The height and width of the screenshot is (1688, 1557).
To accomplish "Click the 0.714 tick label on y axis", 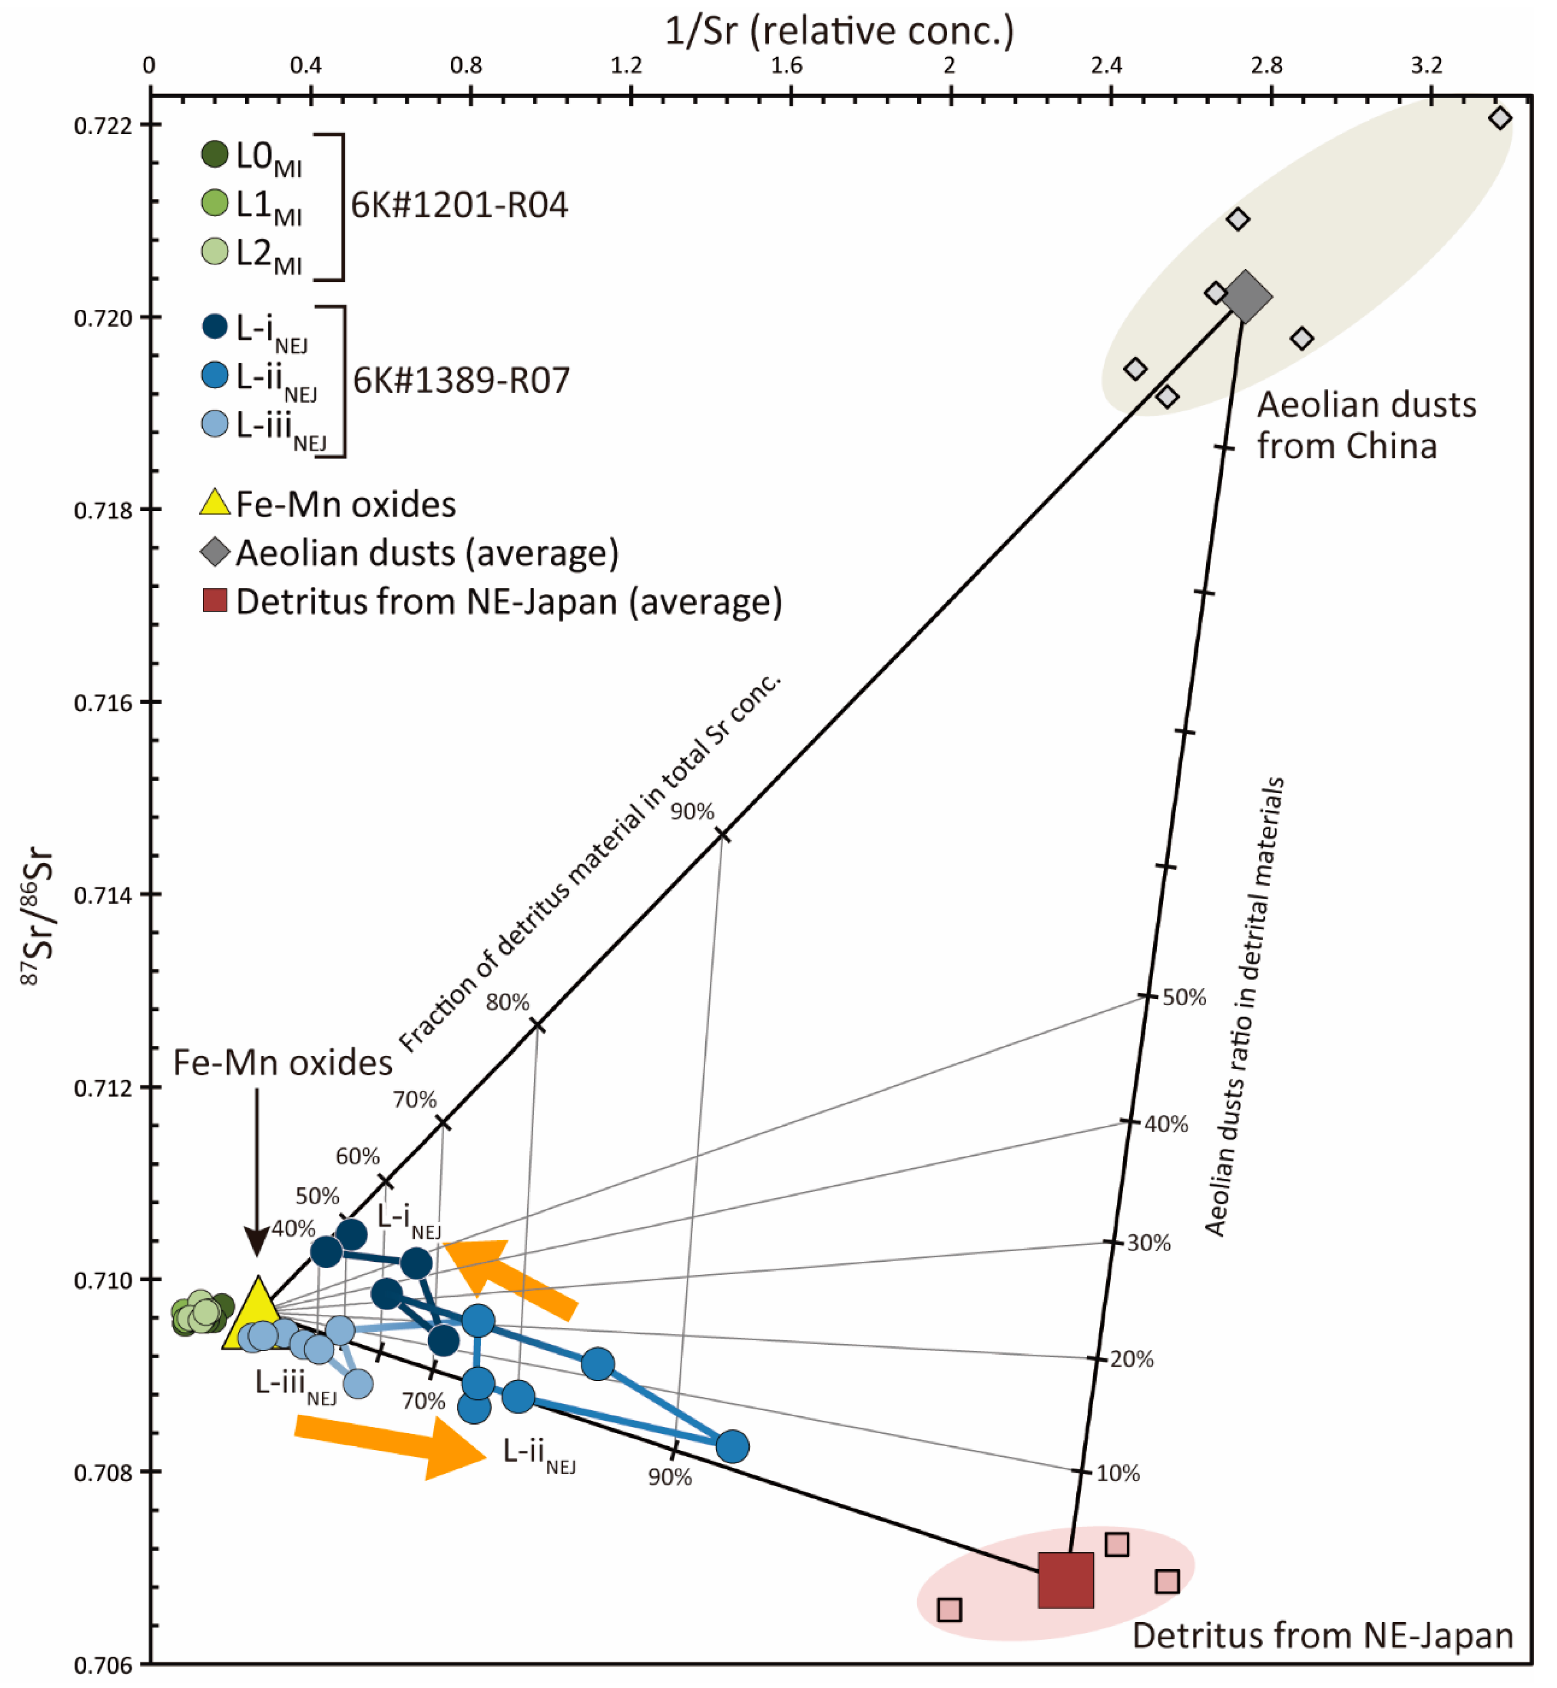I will tap(104, 895).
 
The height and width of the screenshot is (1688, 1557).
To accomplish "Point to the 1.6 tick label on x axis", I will tap(787, 66).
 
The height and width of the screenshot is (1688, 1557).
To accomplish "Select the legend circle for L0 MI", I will tap(215, 154).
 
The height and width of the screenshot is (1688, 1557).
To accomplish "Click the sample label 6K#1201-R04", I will tap(459, 205).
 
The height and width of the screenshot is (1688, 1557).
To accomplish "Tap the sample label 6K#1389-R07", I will tap(461, 380).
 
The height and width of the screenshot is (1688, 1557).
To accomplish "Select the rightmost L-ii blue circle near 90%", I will tap(732, 1446).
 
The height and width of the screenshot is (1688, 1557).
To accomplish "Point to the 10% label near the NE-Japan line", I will tap(1117, 1473).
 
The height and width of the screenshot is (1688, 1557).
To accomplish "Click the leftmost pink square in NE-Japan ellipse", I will tap(949, 1610).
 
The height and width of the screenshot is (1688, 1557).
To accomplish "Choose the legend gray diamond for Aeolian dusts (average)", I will tap(215, 553).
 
